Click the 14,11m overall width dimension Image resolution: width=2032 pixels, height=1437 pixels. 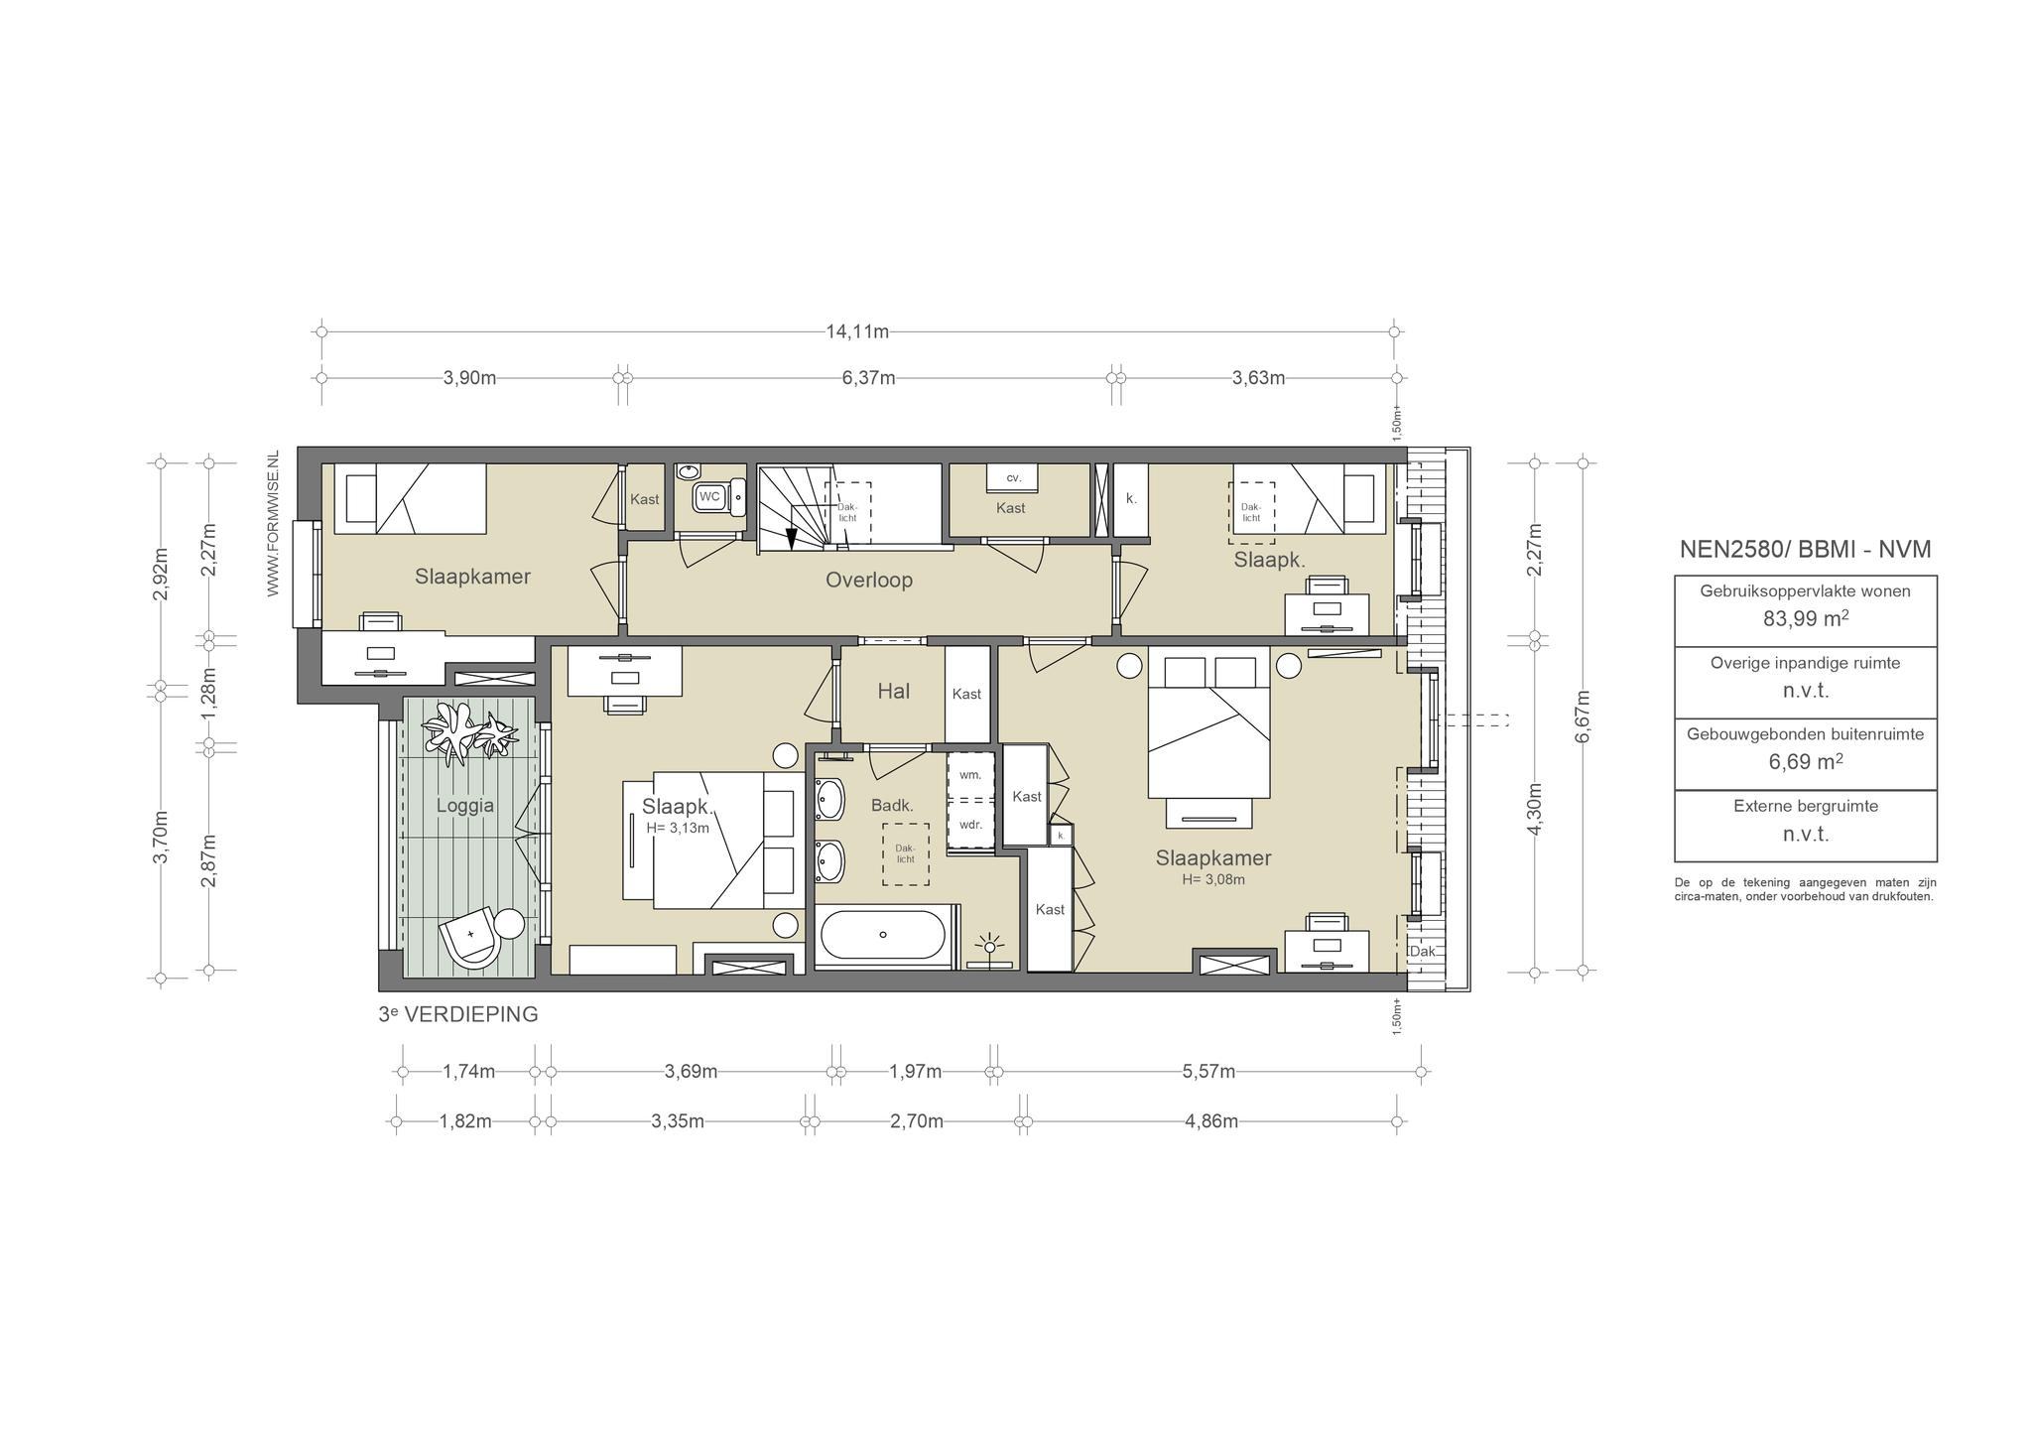[x=857, y=331]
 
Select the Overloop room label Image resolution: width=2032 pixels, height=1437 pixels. [x=869, y=580]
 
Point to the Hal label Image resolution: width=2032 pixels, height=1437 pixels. [x=893, y=691]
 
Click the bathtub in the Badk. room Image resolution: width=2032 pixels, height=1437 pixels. [x=883, y=934]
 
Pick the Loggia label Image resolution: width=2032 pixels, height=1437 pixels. [x=465, y=806]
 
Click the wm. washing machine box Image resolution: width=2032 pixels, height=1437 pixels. [x=969, y=775]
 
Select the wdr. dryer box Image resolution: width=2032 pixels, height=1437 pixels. [x=969, y=824]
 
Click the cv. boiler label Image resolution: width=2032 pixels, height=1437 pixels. [x=1013, y=477]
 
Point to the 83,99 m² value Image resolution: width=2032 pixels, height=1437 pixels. [x=1806, y=618]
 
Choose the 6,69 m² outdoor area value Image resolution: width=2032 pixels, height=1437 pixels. [x=1806, y=761]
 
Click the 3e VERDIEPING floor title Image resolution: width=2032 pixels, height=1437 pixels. [x=458, y=1014]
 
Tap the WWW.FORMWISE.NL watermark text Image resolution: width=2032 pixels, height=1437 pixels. [x=273, y=523]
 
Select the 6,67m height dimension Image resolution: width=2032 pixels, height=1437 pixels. [x=1583, y=715]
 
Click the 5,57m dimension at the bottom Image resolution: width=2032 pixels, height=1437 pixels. [x=1208, y=1072]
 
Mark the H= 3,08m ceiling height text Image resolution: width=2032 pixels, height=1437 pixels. [x=1212, y=879]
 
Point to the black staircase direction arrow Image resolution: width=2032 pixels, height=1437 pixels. [x=791, y=538]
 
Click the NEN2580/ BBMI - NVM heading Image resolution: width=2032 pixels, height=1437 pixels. [x=1805, y=550]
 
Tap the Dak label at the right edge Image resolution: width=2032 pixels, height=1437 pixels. [x=1422, y=951]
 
